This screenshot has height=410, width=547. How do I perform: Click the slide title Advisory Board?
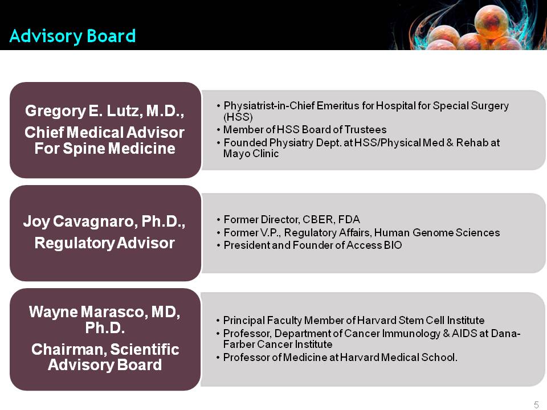coord(72,36)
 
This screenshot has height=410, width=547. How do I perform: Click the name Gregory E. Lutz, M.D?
coord(105,111)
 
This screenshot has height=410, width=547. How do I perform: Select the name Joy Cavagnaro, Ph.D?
coord(104,222)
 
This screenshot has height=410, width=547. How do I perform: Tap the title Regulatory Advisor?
coord(105,243)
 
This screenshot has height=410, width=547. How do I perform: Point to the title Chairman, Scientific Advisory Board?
coord(105,357)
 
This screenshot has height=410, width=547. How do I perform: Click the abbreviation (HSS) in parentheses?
coord(238,117)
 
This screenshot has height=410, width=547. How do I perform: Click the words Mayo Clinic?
coord(251,154)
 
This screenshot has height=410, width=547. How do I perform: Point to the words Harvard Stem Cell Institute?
coord(421,321)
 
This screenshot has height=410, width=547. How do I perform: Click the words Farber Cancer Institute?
coord(277,345)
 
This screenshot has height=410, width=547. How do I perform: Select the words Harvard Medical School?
coord(398,358)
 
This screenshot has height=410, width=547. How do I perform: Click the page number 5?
coord(536,405)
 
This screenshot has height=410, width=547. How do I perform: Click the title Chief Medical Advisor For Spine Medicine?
coord(105,141)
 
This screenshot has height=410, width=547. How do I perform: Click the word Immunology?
coord(411,334)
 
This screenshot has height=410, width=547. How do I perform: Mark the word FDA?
coord(349,220)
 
